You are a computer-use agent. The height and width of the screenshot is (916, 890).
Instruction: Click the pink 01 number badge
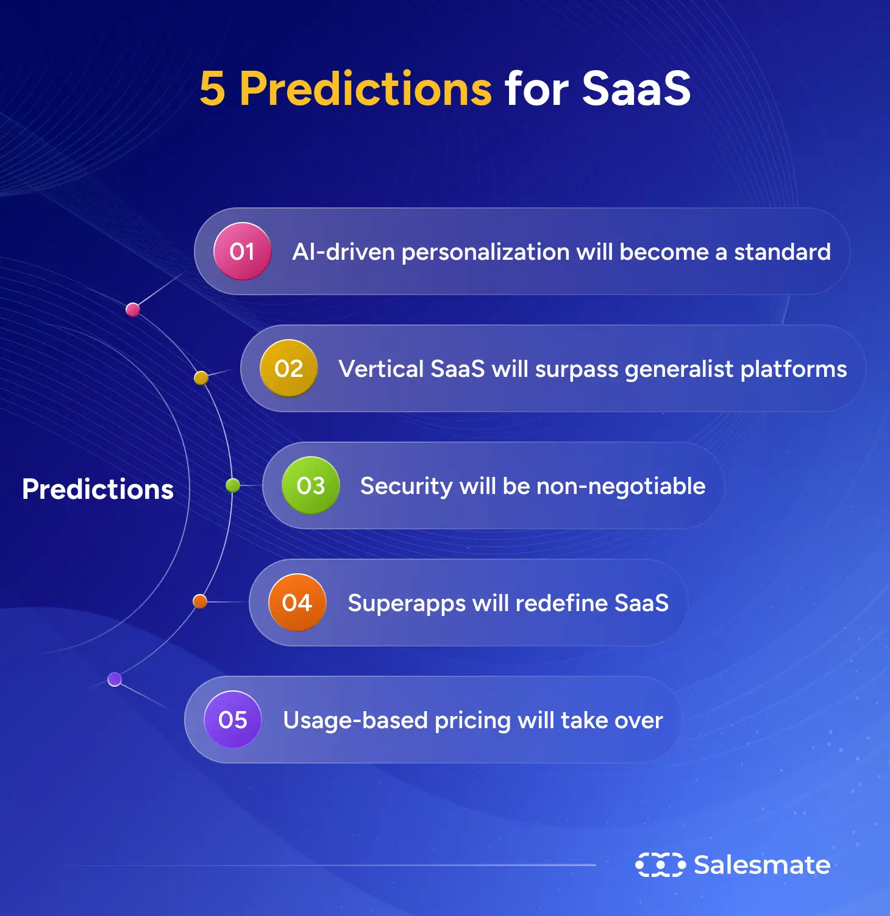click(242, 251)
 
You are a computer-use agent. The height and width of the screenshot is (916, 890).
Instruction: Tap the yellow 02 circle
click(288, 368)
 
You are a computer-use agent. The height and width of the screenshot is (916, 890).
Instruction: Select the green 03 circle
click(310, 485)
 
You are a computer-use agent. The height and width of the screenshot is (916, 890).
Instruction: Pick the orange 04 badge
click(297, 603)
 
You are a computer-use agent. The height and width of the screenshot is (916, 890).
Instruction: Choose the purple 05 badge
click(232, 720)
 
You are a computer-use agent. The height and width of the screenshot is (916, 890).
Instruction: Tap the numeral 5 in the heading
click(212, 89)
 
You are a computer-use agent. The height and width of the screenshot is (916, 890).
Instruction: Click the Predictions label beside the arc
click(98, 489)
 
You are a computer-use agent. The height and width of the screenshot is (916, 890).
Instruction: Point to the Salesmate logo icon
click(660, 865)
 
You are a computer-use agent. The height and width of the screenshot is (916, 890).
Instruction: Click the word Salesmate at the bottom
click(762, 865)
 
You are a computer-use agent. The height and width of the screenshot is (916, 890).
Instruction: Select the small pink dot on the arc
click(133, 310)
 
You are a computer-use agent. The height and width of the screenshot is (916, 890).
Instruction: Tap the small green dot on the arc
click(233, 485)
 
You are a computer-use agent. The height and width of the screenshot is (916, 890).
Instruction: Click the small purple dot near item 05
click(115, 679)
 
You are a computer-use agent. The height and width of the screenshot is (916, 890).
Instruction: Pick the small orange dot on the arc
click(200, 601)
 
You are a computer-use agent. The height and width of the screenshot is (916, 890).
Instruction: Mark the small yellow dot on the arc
click(201, 378)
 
